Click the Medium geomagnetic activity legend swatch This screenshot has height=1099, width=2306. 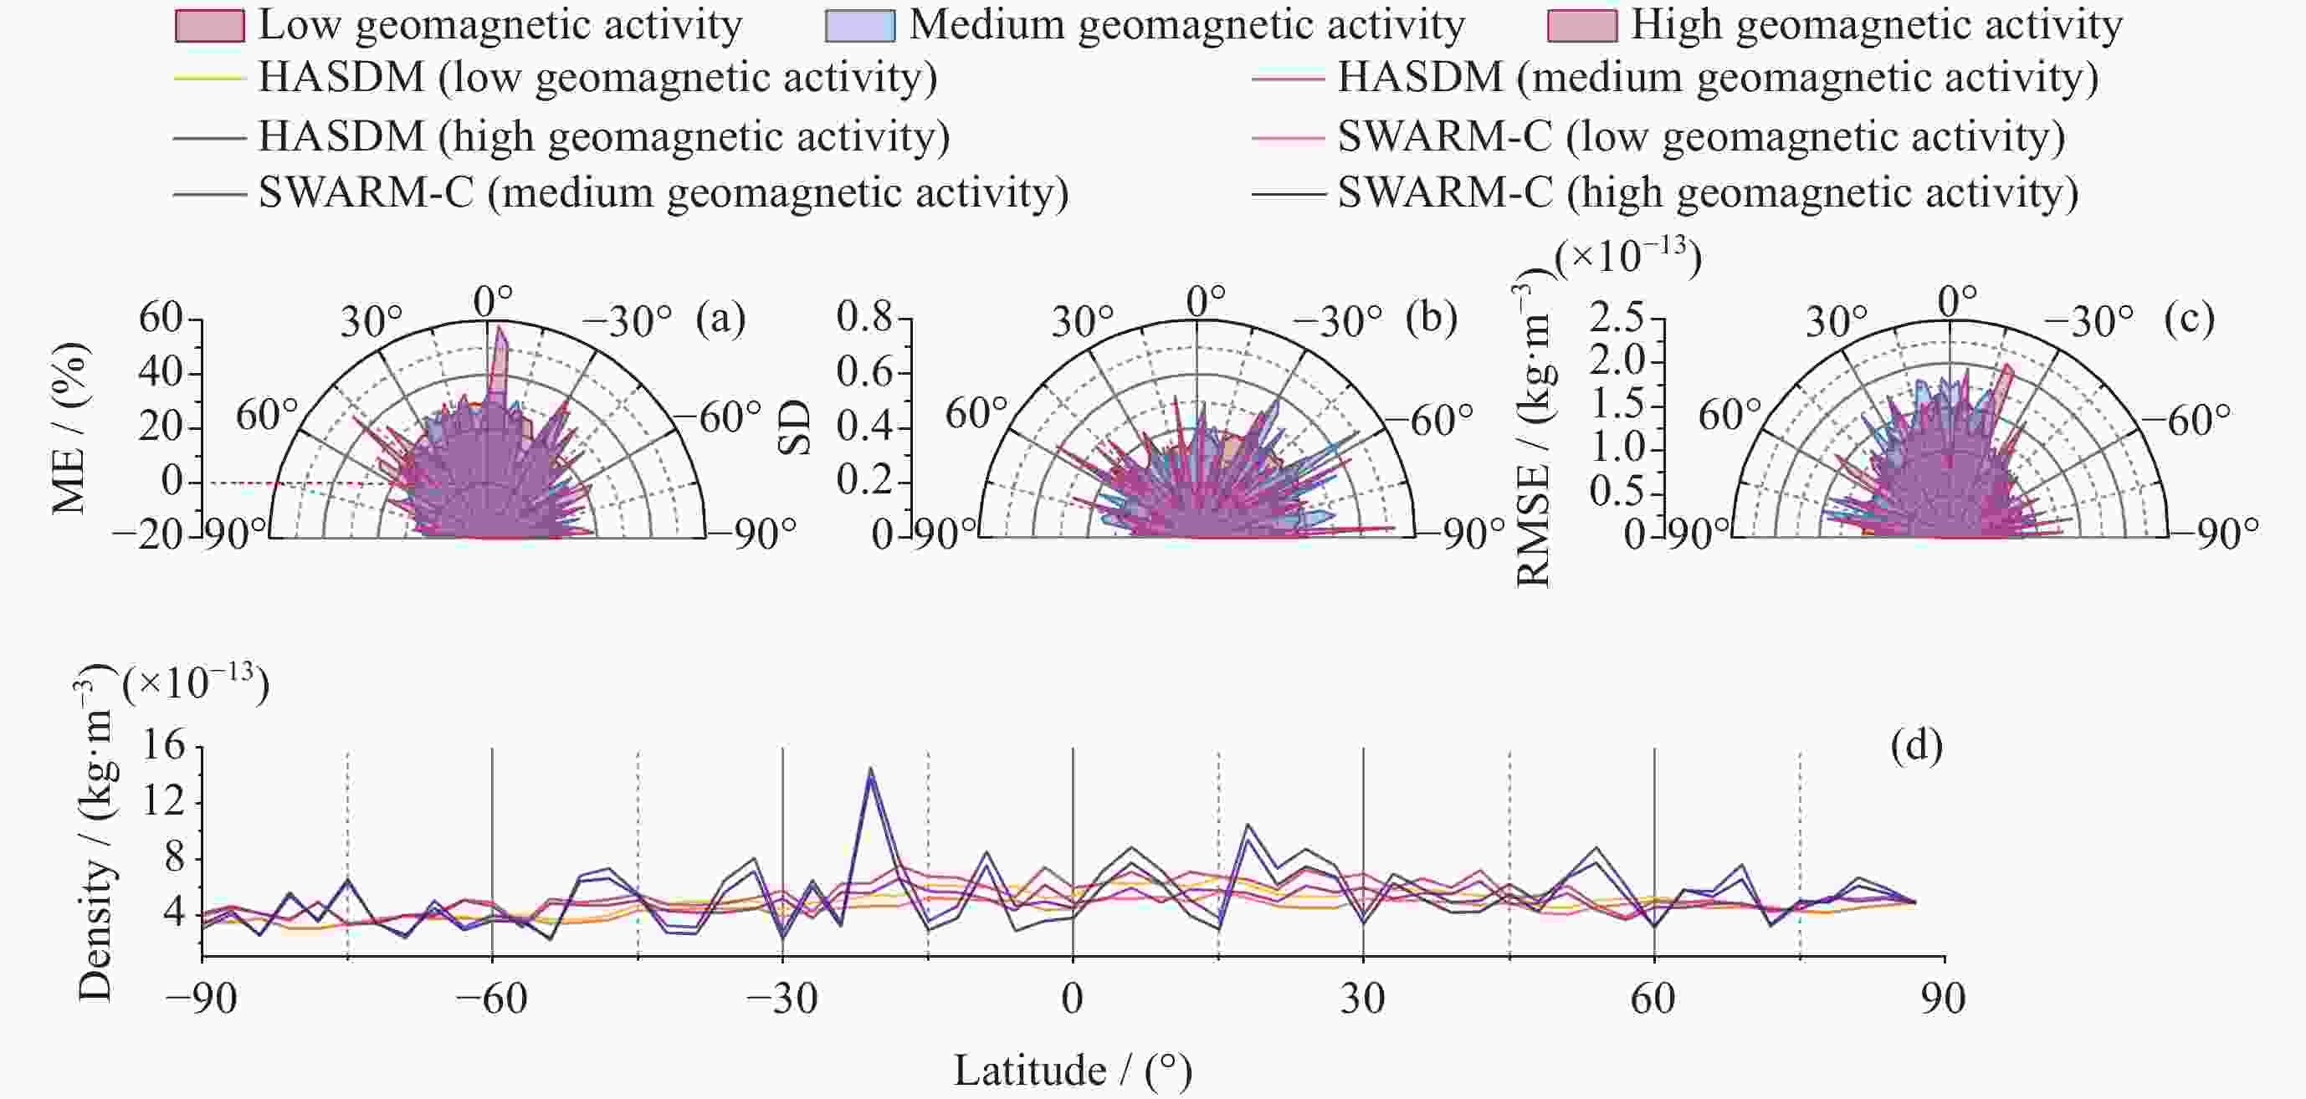[x=859, y=26]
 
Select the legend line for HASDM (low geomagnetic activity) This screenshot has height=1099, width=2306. [x=209, y=79]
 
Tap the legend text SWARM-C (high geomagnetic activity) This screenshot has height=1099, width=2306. [x=1707, y=193]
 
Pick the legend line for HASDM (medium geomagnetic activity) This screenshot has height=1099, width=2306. [x=1287, y=79]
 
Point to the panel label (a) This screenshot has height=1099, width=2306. [x=720, y=319]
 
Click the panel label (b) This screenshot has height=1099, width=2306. [x=1432, y=319]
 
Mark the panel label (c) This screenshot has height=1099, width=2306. [x=2189, y=319]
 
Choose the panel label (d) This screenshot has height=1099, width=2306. [x=1917, y=745]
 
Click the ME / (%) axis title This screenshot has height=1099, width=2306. [x=69, y=427]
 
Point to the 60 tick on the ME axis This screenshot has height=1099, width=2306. [x=161, y=318]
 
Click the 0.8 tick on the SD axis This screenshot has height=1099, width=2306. [x=865, y=318]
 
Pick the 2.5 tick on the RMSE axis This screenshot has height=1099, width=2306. [x=1617, y=318]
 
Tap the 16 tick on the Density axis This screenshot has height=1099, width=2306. [x=164, y=744]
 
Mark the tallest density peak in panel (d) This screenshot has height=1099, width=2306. [x=870, y=769]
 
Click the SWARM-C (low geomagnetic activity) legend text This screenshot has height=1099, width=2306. [x=1701, y=137]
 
